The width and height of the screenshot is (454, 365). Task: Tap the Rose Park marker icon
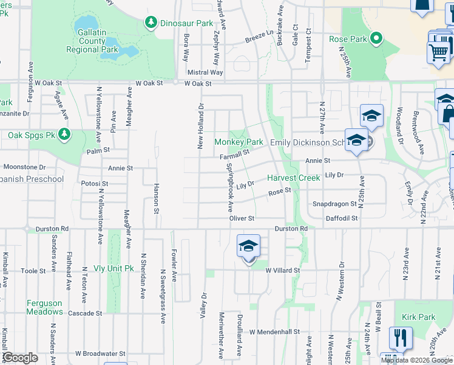pos(376,40)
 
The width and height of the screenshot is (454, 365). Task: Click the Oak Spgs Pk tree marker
pos(64,134)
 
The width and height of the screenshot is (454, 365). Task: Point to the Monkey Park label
pos(239,142)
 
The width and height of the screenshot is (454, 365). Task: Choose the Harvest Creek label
pos(293,178)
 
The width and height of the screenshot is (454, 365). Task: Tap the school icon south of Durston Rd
pos(248,247)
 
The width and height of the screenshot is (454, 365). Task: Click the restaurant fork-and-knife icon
pos(400,336)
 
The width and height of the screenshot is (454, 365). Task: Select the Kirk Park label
pos(419,318)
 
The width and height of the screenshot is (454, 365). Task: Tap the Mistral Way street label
pos(205,72)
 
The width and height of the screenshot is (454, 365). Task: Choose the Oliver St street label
pos(241,218)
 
